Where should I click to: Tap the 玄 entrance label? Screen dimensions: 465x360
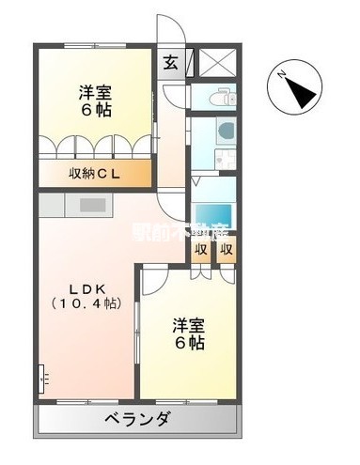coord(170,63)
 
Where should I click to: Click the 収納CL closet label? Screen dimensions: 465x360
coord(93,174)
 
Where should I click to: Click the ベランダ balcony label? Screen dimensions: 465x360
coord(136,418)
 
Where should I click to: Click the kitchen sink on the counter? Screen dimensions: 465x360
coord(93,204)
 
